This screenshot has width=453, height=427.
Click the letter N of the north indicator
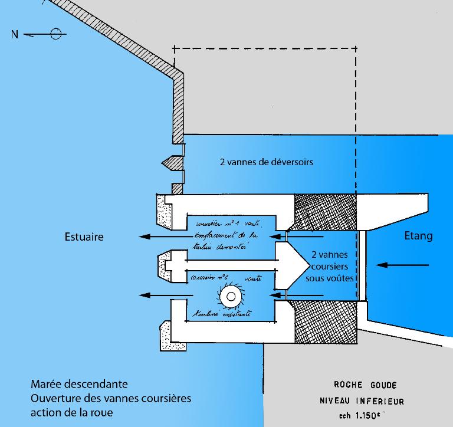14,34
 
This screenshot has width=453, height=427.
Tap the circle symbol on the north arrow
55,34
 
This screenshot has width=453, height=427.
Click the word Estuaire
84,237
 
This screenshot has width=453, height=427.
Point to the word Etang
418,236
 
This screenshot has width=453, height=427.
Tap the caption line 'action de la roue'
72,412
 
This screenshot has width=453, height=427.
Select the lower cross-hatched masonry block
324,322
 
